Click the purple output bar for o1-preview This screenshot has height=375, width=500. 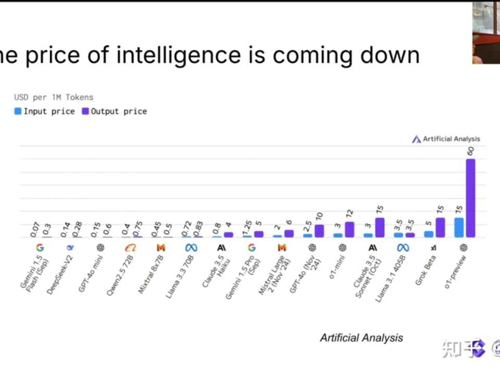tap(471, 198)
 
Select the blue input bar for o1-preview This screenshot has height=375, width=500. tap(459, 227)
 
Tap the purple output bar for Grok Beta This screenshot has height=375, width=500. tap(440, 227)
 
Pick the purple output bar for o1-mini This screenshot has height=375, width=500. tap(349, 229)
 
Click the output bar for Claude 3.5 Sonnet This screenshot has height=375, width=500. tap(379, 227)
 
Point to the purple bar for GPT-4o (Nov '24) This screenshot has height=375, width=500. tap(319, 231)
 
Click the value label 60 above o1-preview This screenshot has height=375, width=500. tap(471, 151)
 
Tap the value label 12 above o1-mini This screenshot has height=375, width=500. tap(349, 214)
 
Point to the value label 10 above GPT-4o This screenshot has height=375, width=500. tap(319, 217)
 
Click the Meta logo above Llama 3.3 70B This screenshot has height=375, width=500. tap(191, 248)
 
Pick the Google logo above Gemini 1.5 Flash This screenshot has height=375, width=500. tap(39, 248)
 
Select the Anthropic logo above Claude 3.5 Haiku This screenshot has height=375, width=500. tap(221, 248)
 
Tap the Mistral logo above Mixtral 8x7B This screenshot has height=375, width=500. tap(161, 248)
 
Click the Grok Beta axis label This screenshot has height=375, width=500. tap(426, 269)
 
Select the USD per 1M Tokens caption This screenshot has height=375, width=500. tap(54, 97)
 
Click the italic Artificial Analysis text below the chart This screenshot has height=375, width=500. tap(361, 337)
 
